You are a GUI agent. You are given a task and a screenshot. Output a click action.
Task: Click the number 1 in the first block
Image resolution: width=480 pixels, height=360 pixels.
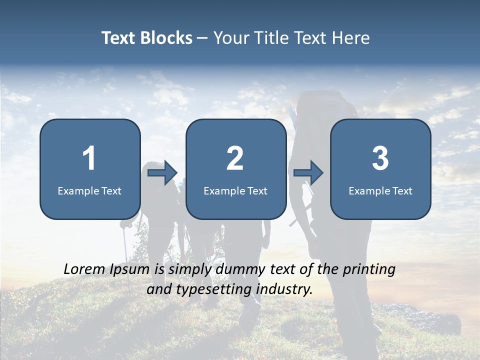(89, 158)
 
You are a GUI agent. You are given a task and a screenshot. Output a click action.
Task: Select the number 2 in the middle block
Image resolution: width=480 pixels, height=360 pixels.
(235, 158)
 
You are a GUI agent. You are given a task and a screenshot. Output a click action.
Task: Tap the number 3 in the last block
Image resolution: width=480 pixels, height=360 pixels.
(380, 158)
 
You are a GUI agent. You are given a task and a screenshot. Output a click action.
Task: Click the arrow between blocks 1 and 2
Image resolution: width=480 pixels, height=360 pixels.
(163, 173)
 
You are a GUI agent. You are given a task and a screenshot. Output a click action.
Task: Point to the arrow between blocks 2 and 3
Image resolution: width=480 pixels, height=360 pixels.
(308, 173)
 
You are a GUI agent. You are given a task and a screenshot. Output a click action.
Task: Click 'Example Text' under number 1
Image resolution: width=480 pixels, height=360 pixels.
(89, 191)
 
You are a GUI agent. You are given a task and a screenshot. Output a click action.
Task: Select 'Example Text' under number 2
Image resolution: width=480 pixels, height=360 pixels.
(235, 191)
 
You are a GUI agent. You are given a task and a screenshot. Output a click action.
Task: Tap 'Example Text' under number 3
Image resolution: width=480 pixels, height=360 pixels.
(380, 191)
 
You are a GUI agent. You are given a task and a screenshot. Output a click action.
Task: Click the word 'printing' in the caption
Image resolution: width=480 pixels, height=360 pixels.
(369, 269)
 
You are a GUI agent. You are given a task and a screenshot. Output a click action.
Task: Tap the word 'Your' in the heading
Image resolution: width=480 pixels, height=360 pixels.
(229, 38)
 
